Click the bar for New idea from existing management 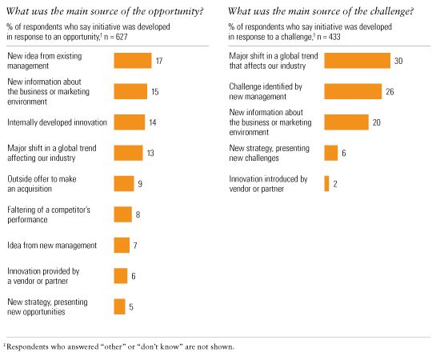(x=132, y=61)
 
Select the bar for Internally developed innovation (x=129, y=122)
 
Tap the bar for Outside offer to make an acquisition (x=123, y=183)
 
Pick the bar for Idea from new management (x=122, y=245)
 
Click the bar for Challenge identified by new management (x=354, y=91)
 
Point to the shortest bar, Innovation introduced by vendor (x=326, y=184)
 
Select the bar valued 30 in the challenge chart (x=357, y=61)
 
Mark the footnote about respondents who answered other (x=120, y=346)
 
